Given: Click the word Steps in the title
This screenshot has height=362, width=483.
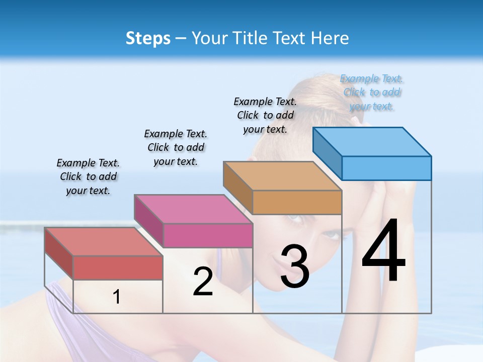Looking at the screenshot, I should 148,38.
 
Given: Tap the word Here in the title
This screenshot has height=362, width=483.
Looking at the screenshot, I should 330,38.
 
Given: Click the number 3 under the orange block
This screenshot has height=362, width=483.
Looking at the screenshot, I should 294,266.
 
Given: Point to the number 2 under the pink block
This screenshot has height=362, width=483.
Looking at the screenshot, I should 203,281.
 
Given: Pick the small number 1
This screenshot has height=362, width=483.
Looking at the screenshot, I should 116,297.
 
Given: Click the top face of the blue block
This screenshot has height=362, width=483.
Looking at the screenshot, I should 372,142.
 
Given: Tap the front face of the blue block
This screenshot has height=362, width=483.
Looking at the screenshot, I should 386,168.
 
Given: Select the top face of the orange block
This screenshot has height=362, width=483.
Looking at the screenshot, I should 282,176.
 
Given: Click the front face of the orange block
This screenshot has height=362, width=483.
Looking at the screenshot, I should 297,202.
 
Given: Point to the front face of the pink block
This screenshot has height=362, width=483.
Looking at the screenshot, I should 208,235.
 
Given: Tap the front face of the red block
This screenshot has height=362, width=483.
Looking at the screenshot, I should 118,267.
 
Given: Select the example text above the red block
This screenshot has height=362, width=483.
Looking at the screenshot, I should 88,176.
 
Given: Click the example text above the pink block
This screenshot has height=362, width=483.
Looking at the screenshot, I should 176,147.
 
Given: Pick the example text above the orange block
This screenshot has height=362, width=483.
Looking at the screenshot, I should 265,115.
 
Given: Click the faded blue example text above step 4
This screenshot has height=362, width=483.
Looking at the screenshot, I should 372,92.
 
